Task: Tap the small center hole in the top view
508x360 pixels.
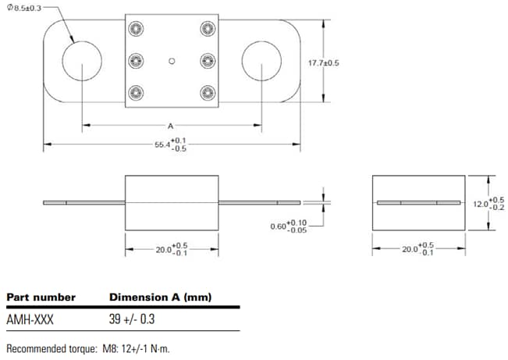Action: [x=172, y=60]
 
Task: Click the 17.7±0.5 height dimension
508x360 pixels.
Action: [x=346, y=63]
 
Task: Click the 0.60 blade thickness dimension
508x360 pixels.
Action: [x=288, y=226]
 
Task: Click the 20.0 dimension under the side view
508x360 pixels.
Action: [x=171, y=249]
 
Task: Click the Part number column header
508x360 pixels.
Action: [x=41, y=298]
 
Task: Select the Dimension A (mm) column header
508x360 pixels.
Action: [x=160, y=298]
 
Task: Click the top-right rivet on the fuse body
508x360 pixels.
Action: [x=208, y=29]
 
